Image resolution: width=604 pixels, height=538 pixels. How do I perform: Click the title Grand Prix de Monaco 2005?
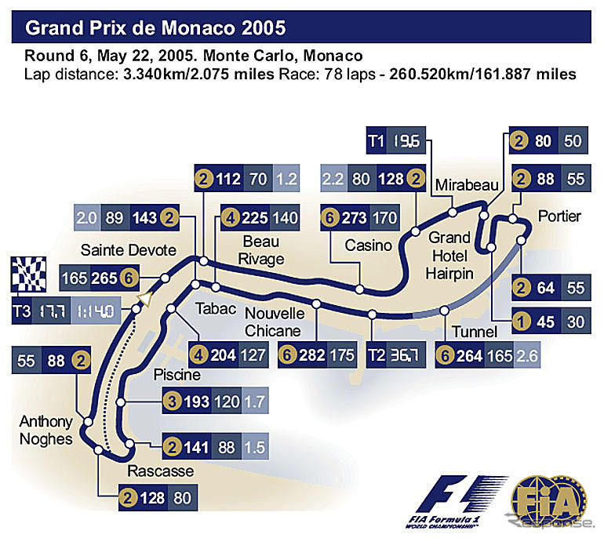(x=155, y=29)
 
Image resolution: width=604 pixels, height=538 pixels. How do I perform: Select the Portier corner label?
(x=559, y=216)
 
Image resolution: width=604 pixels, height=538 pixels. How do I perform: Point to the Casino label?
(x=368, y=245)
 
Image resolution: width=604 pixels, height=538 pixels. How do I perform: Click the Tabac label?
(x=216, y=308)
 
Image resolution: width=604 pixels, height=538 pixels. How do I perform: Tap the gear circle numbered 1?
(x=518, y=320)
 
